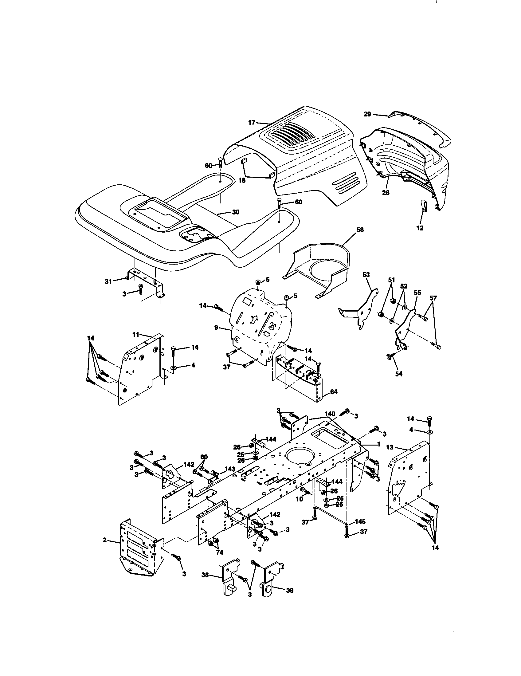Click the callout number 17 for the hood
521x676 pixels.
pos(252,123)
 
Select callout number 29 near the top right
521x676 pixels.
pos(367,114)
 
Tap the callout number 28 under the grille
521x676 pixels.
pos(386,193)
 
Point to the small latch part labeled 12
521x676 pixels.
pos(424,206)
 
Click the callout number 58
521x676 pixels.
pos(360,230)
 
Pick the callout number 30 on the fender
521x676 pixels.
pos(236,212)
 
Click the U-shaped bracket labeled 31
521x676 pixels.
pos(145,282)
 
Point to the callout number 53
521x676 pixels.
pos(366,274)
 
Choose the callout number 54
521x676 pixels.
pos(399,374)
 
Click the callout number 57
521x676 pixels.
pos(433,298)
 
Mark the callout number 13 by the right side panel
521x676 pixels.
pos(390,447)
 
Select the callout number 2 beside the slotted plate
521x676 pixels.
pos(105,540)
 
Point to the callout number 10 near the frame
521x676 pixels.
pos(299,499)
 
